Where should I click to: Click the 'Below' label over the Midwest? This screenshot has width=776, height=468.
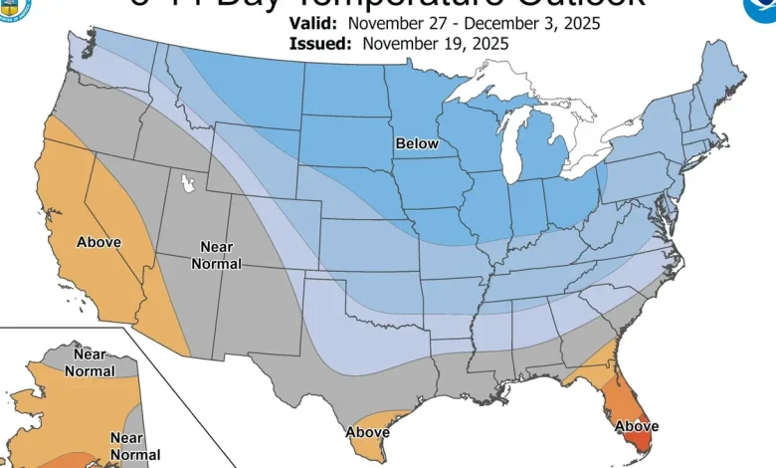click(417, 144)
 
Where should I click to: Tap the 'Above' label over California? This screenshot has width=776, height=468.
click(99, 242)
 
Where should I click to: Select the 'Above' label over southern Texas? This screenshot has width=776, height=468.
click(366, 432)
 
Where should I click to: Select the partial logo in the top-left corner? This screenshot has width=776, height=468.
click(16, 9)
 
